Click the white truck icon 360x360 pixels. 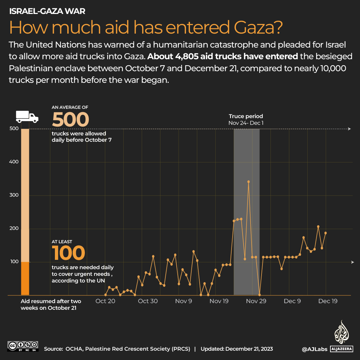[27, 116]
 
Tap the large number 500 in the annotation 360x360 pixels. [70, 120]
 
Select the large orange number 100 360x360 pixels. [68, 253]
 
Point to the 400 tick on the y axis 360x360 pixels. [14, 162]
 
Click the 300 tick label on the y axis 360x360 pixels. [14, 195]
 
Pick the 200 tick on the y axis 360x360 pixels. [14, 228]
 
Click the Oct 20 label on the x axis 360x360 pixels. [105, 301]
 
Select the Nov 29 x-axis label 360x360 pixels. [256, 301]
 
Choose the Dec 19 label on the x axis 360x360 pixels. [328, 301]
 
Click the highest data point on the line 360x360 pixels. [249, 182]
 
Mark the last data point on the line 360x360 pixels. [325, 233]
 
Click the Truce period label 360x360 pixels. [246, 116]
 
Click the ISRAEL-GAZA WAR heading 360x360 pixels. [47, 11]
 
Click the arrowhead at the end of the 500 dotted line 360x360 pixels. [349, 129]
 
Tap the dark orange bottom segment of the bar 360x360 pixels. [25, 278]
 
